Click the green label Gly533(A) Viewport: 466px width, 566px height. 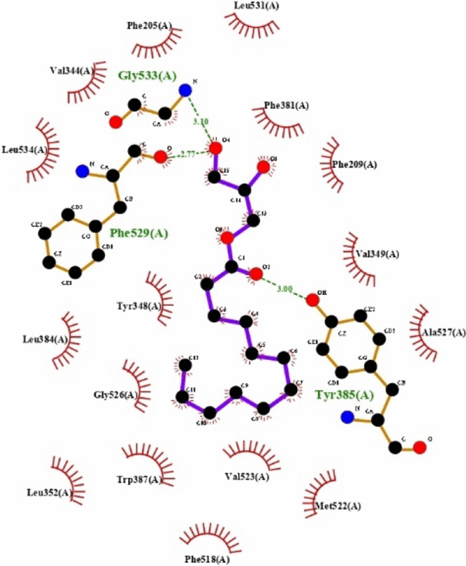tap(147, 76)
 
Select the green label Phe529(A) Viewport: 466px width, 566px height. tap(139, 232)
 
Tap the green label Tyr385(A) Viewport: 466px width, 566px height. tap(344, 394)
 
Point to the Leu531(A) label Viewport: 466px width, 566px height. tap(257, 6)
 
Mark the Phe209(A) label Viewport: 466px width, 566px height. tap(354, 164)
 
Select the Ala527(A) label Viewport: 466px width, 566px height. tap(444, 333)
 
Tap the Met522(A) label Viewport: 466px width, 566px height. tap(338, 507)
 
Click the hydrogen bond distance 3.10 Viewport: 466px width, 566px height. tap(200, 121)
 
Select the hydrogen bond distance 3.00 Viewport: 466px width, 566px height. tap(284, 289)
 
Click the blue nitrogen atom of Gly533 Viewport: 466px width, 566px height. tap(184, 90)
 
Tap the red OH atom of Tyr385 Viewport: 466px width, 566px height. tap(312, 300)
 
